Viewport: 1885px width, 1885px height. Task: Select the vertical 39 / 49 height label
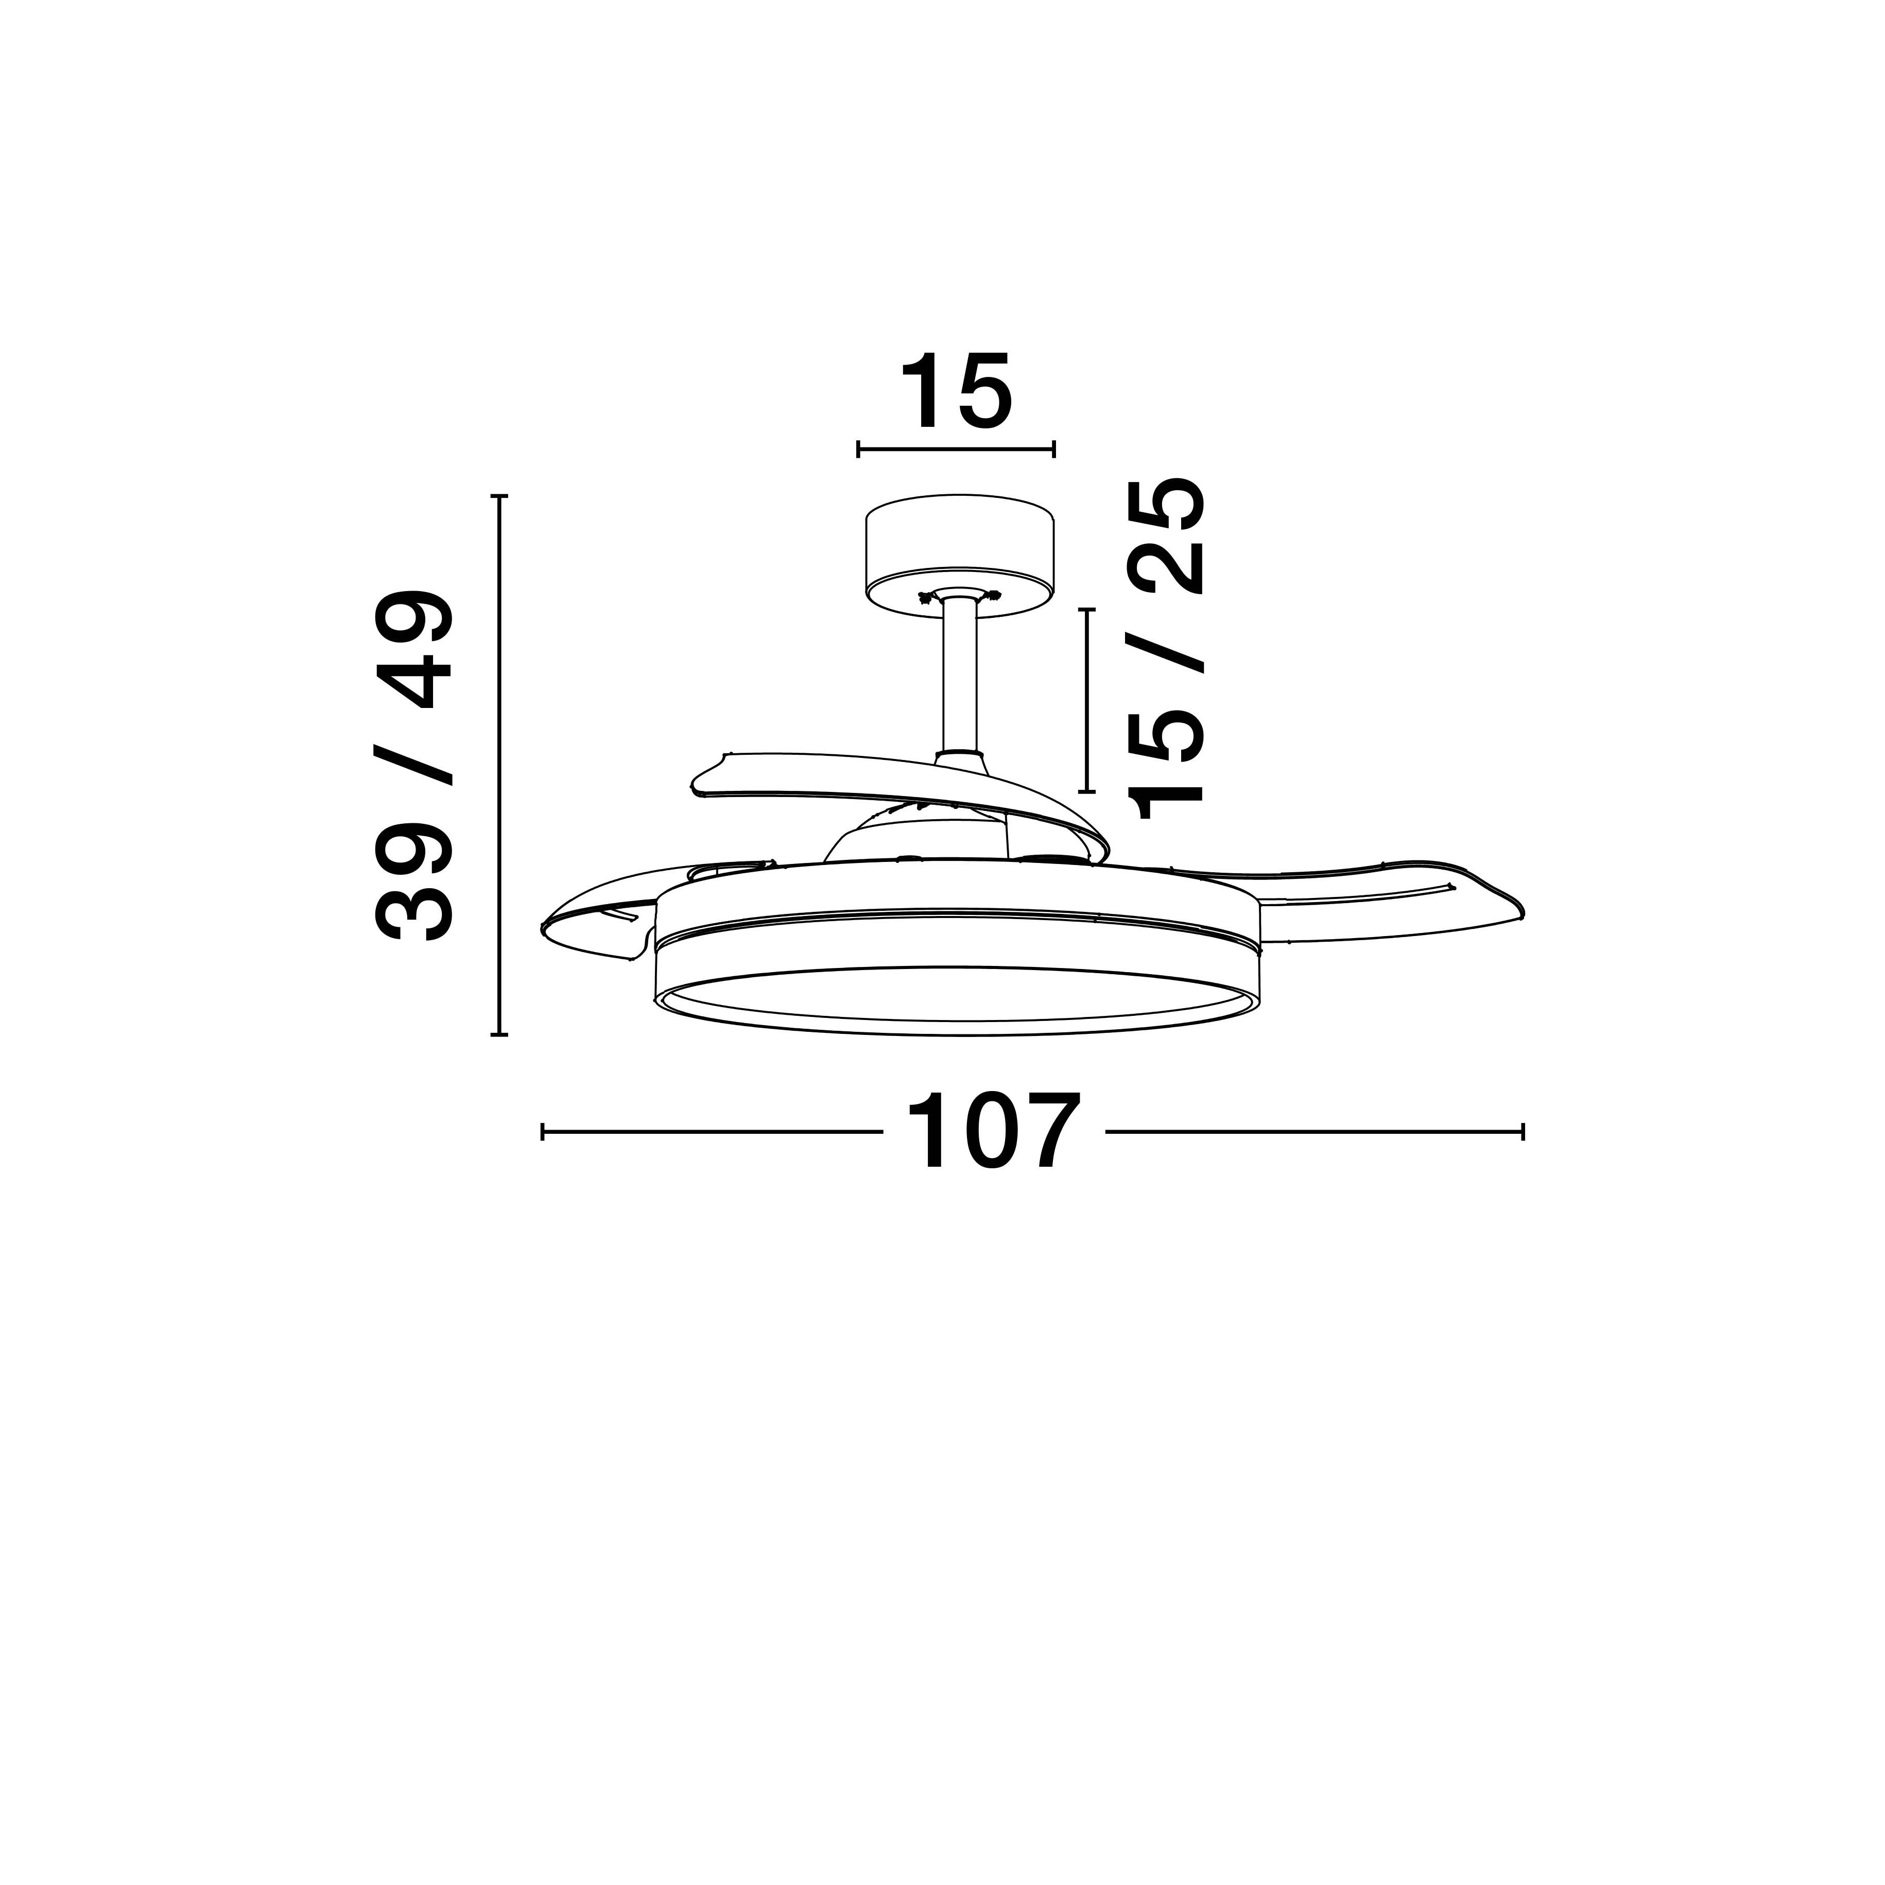tap(413, 766)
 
